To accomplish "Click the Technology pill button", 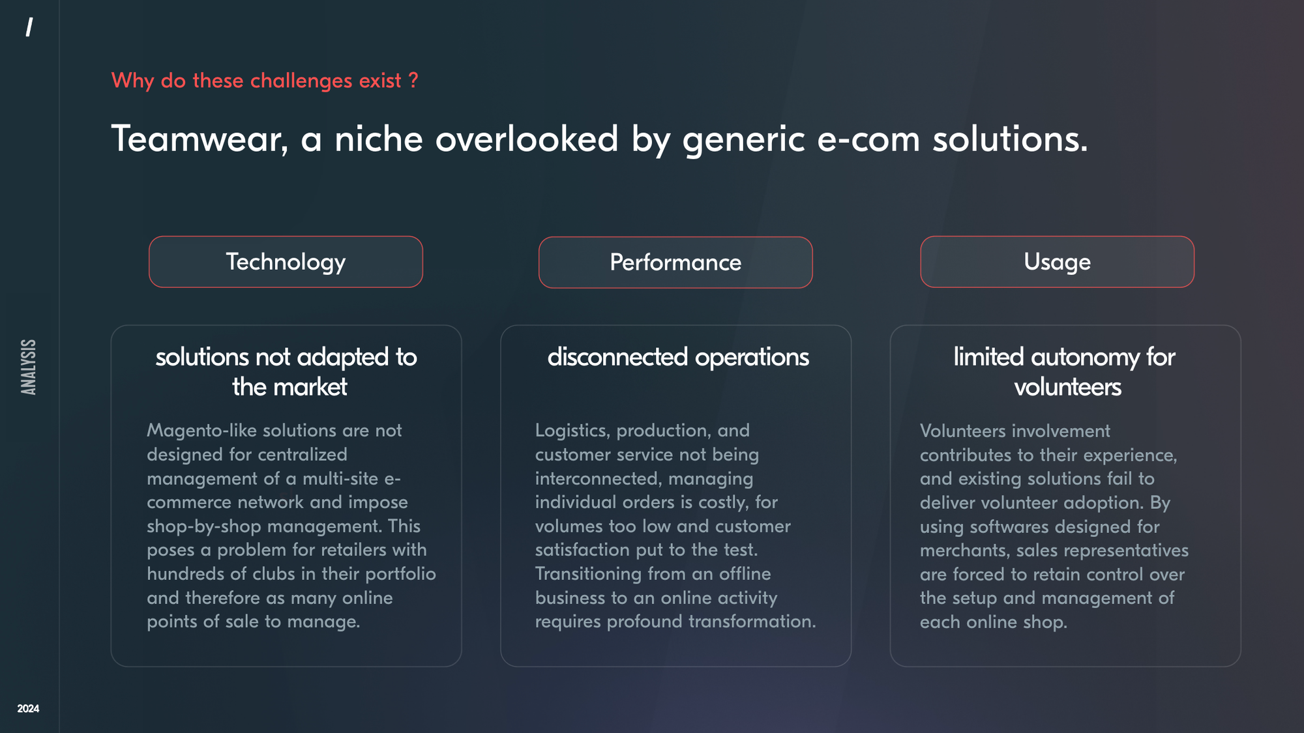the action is point(286,262).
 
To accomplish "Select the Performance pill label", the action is point(675,263).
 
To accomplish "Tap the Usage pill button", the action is point(1057,262).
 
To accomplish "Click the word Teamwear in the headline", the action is point(200,139).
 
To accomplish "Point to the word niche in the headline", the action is point(379,139).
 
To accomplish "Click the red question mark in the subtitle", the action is point(413,80).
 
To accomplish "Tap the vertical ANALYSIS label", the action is point(29,367).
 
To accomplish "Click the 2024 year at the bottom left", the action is point(28,708).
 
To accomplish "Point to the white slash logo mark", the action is point(29,27).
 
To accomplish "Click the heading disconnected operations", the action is point(678,357).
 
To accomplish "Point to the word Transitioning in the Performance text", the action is point(588,574).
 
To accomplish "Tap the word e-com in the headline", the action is point(868,139).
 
